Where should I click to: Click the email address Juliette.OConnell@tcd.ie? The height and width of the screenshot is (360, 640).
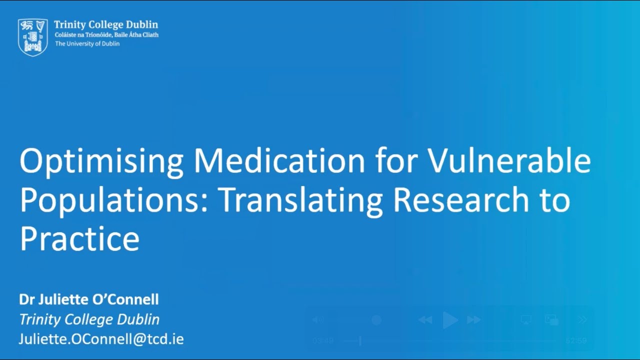tap(101, 339)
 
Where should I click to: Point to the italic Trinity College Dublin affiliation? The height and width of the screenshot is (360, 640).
tap(89, 319)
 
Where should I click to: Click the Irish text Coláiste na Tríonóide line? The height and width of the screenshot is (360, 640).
tap(106, 34)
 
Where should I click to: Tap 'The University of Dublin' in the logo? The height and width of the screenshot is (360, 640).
tap(87, 43)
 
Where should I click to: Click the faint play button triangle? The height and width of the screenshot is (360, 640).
tap(450, 320)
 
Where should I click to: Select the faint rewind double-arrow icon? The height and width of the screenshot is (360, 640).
tap(425, 320)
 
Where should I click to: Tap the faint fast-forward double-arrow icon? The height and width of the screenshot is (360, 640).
tap(473, 320)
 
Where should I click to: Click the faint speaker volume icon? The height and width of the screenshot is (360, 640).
tap(318, 320)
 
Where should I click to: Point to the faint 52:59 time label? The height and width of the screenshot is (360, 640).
tap(576, 341)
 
